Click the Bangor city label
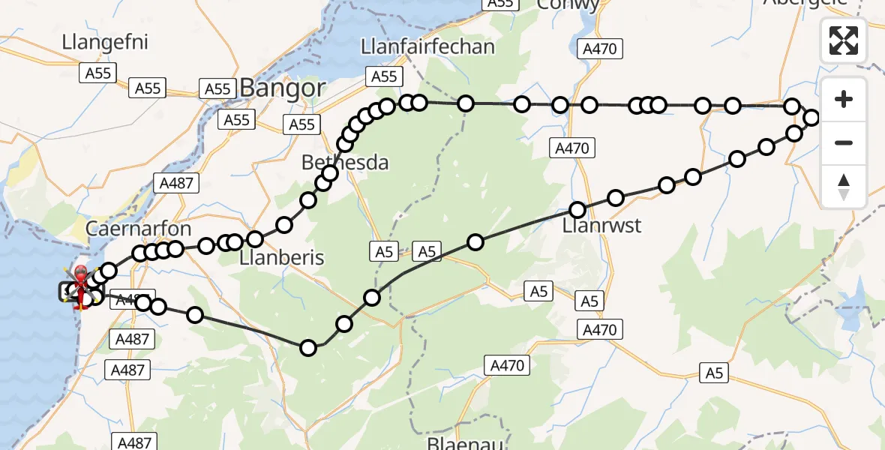pyautogui.click(x=283, y=88)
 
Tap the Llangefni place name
pyautogui.click(x=105, y=42)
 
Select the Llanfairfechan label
pyautogui.click(x=427, y=46)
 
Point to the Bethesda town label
pyautogui.click(x=345, y=162)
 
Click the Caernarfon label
pyautogui.click(x=139, y=229)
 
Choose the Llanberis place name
pyautogui.click(x=281, y=258)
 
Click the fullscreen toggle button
pyautogui.click(x=844, y=40)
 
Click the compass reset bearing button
pyautogui.click(x=844, y=186)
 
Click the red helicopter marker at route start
pyautogui.click(x=80, y=283)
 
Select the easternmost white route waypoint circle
pyautogui.click(x=811, y=117)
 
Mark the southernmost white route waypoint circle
pyautogui.click(x=308, y=347)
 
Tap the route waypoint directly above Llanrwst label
pyautogui.click(x=577, y=210)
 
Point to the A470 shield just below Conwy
pyautogui.click(x=598, y=49)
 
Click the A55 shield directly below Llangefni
pyautogui.click(x=98, y=73)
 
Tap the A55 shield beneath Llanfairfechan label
pyautogui.click(x=383, y=76)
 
